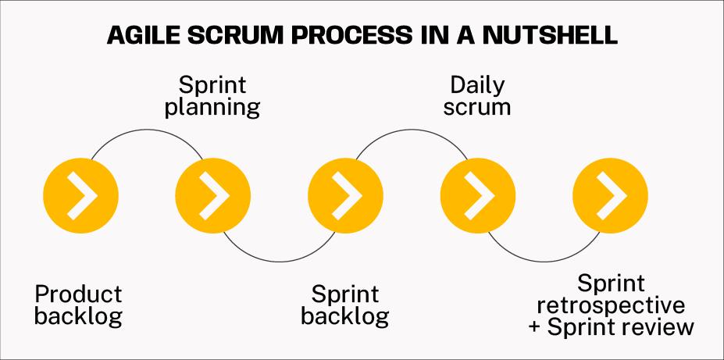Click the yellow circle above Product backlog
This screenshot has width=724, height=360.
(x=80, y=192)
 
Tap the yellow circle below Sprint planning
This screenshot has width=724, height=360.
(x=212, y=192)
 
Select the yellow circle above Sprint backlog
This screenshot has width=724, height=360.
(x=345, y=192)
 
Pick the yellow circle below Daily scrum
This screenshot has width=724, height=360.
(x=478, y=192)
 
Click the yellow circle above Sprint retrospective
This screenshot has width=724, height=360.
(x=610, y=192)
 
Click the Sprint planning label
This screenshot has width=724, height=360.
(x=212, y=95)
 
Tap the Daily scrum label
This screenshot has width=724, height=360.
(x=477, y=95)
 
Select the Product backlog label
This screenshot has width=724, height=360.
(x=79, y=305)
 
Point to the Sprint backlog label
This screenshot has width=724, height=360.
(x=345, y=305)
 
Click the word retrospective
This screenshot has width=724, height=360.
(x=611, y=305)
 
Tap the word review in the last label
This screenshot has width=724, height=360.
(x=655, y=326)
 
